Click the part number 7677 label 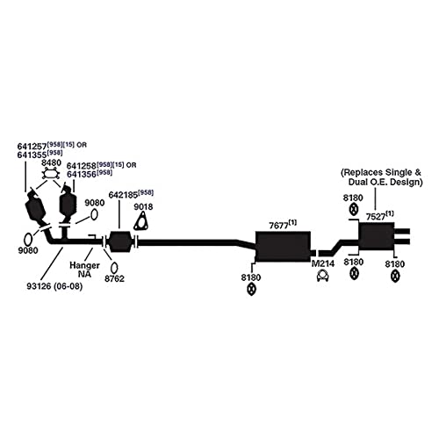point(278,226)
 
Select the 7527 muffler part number point(376,217)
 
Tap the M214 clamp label point(323,263)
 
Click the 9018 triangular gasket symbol point(140,222)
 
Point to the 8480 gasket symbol point(51,175)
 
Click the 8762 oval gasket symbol point(115,268)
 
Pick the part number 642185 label point(123,195)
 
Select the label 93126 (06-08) point(54,286)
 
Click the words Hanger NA point(84,270)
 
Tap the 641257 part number point(32,146)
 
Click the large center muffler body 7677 point(283,246)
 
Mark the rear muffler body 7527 point(377,236)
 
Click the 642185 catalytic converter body point(120,241)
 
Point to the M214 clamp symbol point(322,276)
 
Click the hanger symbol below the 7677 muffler point(251,289)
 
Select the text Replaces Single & point(381,172)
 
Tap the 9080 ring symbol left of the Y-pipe point(28,240)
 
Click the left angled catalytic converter point(35,209)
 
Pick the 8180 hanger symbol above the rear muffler point(354,209)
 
